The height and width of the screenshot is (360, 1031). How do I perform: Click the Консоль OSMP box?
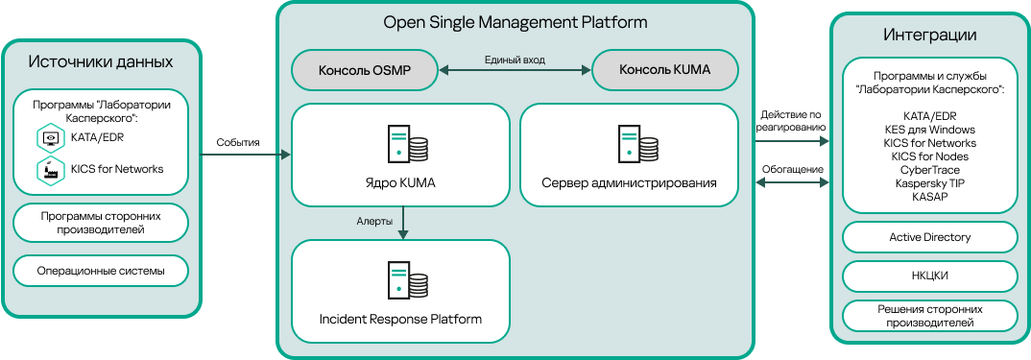(364, 69)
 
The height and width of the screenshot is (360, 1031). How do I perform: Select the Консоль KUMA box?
(665, 69)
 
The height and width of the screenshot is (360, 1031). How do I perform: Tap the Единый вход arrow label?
(515, 60)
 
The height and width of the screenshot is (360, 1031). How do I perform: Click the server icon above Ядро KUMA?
(408, 144)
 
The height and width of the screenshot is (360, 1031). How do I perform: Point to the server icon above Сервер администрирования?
(638, 144)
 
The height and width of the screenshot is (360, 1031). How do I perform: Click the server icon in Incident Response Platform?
(408, 279)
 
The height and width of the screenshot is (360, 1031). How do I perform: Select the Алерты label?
(372, 222)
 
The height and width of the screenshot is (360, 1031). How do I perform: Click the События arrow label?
(238, 142)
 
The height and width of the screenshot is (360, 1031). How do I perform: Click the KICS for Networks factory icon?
(49, 170)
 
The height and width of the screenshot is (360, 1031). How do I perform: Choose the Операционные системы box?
(101, 272)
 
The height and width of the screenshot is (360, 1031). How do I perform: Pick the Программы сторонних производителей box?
(101, 223)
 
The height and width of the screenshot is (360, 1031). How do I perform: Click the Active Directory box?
(929, 237)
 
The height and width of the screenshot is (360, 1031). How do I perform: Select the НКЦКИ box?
(929, 276)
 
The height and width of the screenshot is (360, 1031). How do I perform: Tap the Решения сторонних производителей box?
(929, 316)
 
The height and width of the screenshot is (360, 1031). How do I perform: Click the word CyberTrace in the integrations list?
(929, 169)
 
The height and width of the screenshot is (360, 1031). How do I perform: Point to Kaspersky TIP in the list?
(929, 182)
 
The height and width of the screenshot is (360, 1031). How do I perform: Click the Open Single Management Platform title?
(515, 22)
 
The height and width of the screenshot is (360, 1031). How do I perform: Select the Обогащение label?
(792, 169)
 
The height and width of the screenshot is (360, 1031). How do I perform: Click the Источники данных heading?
(101, 62)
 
